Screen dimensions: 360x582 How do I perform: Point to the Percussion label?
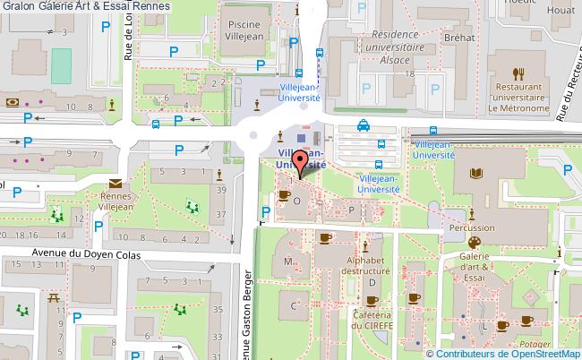click(471, 228)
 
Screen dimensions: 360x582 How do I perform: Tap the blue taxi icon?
click(364, 126)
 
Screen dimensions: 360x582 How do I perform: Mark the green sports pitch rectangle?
click(61, 63)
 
